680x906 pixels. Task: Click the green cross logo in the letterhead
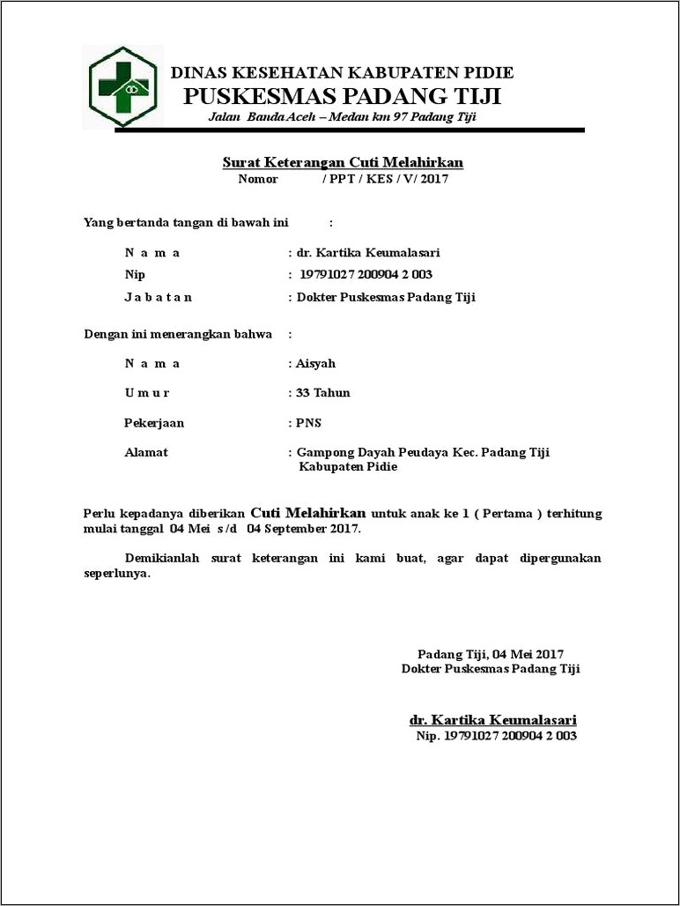coord(123,87)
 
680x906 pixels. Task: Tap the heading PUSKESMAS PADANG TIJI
coord(342,96)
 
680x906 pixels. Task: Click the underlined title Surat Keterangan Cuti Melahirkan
coord(342,163)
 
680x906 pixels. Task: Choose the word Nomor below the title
coord(257,179)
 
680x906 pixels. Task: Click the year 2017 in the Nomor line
coord(435,179)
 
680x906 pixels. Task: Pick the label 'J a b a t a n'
coord(158,297)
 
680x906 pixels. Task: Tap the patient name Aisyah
coord(316,363)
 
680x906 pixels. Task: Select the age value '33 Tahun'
coord(323,392)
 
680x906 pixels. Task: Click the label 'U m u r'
coord(147,392)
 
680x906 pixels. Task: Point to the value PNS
coord(310,422)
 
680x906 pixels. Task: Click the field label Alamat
coord(146,452)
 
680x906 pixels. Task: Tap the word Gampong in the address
coord(322,452)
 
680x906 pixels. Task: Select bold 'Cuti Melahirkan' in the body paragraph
coord(308,512)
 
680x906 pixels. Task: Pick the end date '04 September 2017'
coord(303,529)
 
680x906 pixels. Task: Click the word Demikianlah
coord(163,559)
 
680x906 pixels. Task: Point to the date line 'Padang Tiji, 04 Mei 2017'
coord(490,654)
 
